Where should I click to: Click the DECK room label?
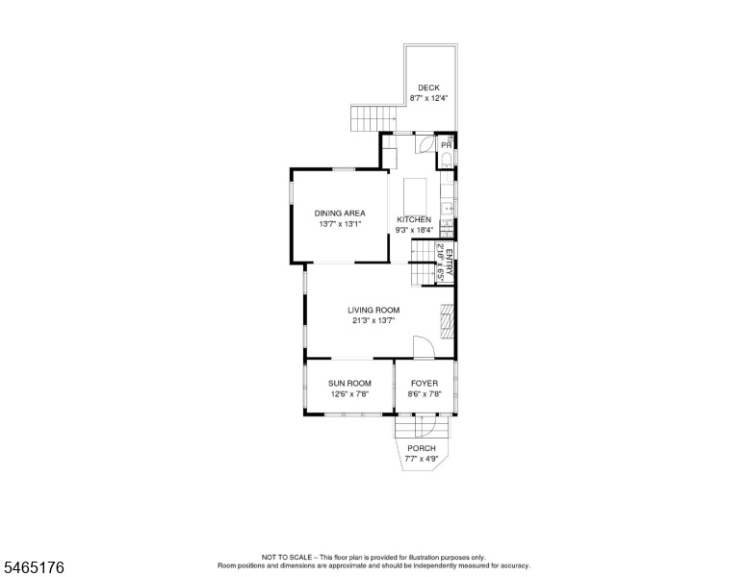point(428,88)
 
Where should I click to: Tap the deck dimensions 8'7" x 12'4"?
point(428,98)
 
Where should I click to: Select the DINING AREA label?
point(340,213)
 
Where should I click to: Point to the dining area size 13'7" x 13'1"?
point(341,224)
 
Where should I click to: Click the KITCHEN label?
point(414,219)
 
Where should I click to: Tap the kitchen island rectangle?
point(416,196)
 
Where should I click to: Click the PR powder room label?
point(447,145)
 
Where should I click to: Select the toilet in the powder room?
point(447,159)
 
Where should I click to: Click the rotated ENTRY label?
point(450,263)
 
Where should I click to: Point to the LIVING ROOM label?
point(373,310)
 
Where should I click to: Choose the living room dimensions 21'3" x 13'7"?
point(373,320)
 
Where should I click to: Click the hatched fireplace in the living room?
point(447,321)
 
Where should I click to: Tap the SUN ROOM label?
point(349,384)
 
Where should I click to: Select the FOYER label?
point(425,384)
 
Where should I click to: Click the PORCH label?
point(422,448)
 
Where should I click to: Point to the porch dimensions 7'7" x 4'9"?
point(422,459)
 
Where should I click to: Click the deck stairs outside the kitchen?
point(373,118)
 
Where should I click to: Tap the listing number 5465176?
point(34,567)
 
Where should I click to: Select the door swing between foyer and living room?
point(424,347)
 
